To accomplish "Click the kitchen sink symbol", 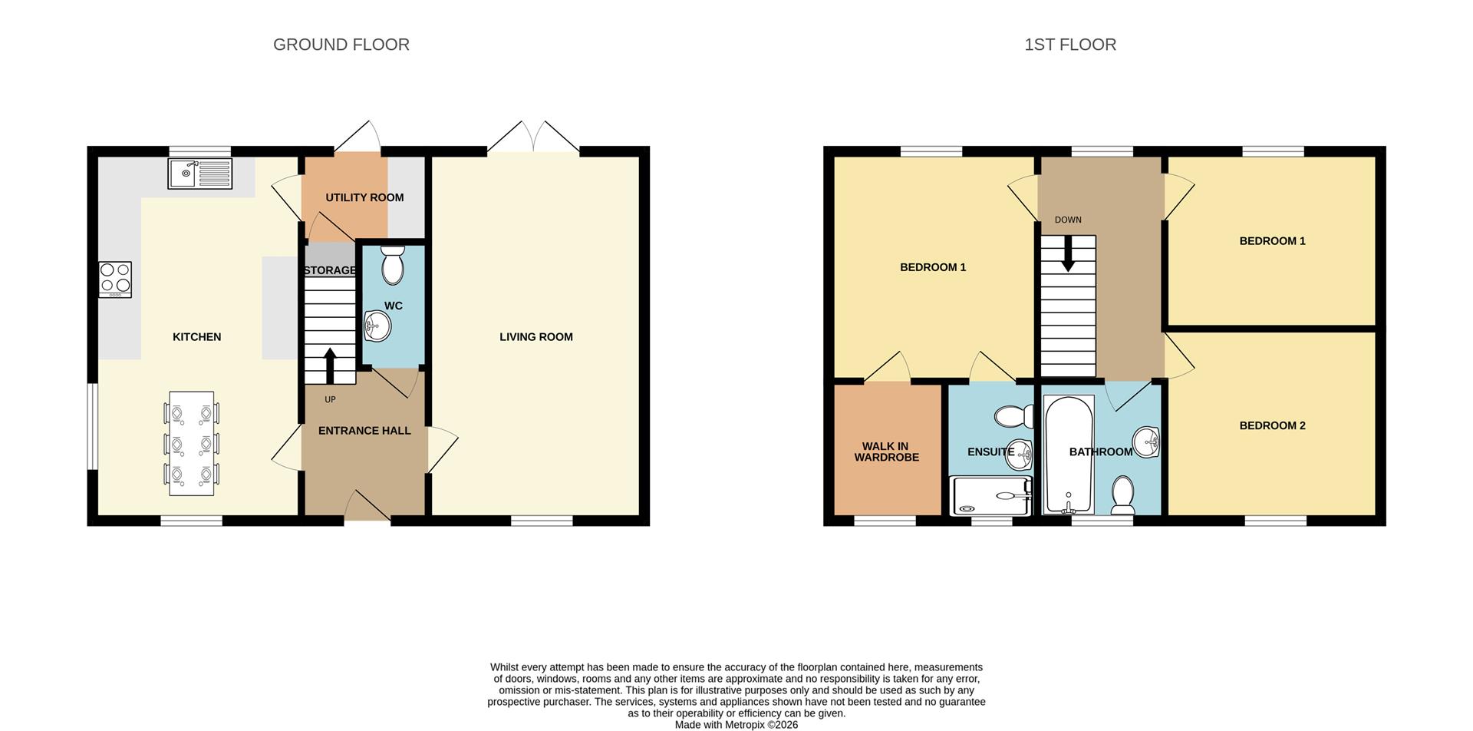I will point(199,174).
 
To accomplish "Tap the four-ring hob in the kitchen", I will point(115,279).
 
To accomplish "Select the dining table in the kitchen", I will point(191,443).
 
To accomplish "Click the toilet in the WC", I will point(392,265).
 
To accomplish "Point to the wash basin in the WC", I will point(377,326).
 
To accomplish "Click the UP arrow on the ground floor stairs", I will point(330,365).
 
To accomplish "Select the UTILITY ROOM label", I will point(364,197).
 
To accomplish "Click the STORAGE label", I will point(330,270).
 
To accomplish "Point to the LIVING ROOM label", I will point(535,336).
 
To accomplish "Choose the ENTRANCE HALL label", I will point(364,431).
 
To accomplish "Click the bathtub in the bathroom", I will point(1068,455).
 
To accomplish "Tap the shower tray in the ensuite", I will point(990,495).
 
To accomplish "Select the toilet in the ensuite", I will point(1014,417).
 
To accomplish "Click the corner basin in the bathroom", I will point(1146,442).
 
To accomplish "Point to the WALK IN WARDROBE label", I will point(886,451).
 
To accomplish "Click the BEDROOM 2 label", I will point(1272,425).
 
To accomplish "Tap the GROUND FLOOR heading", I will point(341,45).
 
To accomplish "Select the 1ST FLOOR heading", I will point(1069,45).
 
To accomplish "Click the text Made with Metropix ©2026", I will point(736,724).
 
